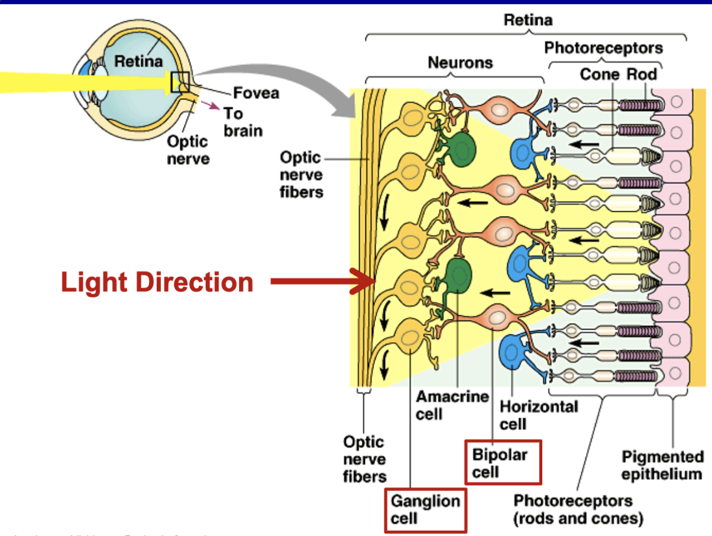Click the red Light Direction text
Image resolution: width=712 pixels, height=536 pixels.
point(157,282)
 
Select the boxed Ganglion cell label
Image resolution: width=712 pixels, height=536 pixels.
point(425,509)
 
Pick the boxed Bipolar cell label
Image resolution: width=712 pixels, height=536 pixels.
point(500,463)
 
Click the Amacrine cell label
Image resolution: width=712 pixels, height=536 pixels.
point(452,405)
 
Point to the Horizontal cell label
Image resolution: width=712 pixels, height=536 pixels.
point(539,415)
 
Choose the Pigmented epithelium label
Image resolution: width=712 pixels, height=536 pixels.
point(662,465)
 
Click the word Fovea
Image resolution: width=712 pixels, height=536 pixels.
point(256,93)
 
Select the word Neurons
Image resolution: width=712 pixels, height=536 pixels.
point(460,62)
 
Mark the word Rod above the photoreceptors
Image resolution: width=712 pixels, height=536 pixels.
point(643,74)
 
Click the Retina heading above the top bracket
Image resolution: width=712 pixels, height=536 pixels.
point(528,20)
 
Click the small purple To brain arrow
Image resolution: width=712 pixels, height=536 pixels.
point(211,106)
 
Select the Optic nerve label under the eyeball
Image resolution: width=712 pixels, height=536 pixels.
point(187,150)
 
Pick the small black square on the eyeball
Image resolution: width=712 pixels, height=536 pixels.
point(180,82)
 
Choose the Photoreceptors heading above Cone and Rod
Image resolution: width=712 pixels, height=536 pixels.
point(603,47)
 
